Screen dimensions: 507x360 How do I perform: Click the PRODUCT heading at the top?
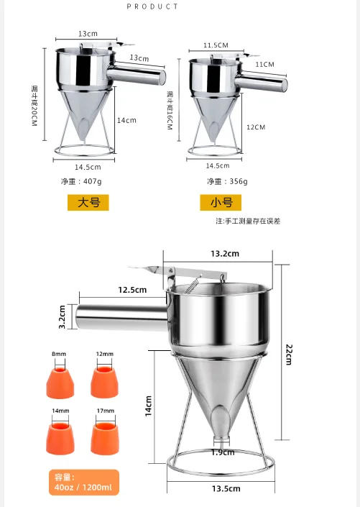[152, 6]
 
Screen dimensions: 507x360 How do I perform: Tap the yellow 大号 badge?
[88, 202]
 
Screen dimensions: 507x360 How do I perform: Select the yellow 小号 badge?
[221, 203]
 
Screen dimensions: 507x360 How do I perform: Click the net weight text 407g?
[83, 181]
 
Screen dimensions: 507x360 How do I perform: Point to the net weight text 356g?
[227, 181]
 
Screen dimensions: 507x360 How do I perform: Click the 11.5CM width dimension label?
[216, 45]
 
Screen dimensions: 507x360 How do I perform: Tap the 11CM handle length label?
[264, 64]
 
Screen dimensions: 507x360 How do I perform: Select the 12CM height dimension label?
[255, 127]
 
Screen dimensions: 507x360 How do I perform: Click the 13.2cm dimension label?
[225, 254]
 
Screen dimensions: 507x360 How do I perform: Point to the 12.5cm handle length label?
[132, 290]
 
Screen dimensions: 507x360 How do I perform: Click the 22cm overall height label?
[288, 354]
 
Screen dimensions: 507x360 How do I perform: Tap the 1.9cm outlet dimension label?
[223, 452]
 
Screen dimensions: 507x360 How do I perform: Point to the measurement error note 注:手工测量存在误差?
[248, 221]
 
